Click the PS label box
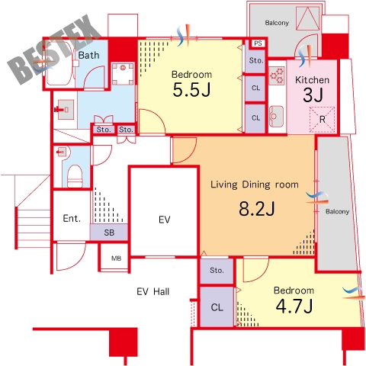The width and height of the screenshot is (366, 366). [258, 43]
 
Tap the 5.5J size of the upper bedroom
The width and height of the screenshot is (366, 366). [191, 90]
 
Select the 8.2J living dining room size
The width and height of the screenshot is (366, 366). [257, 209]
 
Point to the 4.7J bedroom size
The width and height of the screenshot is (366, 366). [294, 306]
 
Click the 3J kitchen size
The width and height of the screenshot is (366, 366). [313, 95]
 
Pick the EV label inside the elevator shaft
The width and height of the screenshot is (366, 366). [164, 220]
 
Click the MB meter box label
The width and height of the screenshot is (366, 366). [116, 258]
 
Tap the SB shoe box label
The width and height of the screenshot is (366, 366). [109, 233]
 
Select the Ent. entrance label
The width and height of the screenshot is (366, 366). [72, 218]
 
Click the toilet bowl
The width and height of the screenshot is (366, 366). [75, 176]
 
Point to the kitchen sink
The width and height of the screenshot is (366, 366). [276, 117]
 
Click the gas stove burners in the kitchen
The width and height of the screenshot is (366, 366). [277, 75]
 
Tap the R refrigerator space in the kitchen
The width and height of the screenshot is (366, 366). [322, 120]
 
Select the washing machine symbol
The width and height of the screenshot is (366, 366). [123, 74]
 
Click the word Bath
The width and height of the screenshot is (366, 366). [88, 55]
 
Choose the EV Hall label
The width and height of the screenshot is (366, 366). [153, 291]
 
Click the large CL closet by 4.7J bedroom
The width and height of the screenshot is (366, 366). [217, 307]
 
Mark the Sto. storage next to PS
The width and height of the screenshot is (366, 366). [255, 60]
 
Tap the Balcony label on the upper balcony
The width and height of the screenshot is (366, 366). [277, 23]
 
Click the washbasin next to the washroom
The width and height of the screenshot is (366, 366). [66, 110]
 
